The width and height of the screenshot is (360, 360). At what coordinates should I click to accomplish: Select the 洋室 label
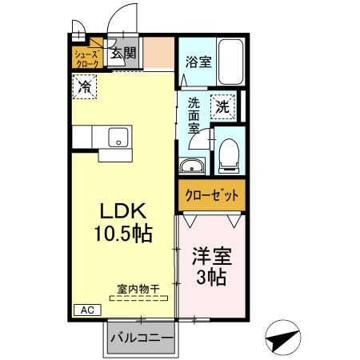click(x=211, y=258)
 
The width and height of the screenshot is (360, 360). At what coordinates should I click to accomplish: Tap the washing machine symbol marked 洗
click(x=222, y=105)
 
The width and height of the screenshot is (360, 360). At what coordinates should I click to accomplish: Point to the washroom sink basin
click(x=192, y=166)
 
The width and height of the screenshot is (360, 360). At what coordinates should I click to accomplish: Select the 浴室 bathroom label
click(x=198, y=62)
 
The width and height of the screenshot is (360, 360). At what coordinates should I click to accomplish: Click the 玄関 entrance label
click(x=123, y=54)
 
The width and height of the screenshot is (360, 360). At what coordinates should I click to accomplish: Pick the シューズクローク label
click(x=87, y=58)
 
